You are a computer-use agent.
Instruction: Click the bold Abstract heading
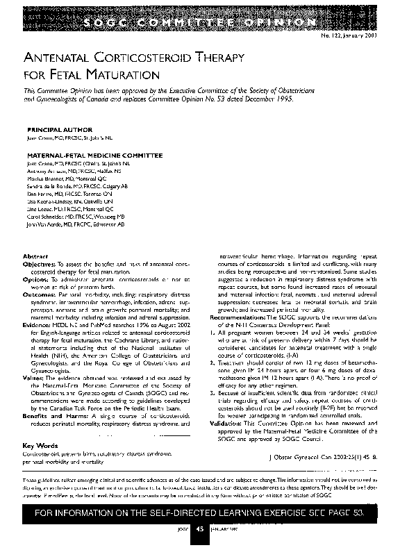click(35, 256)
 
